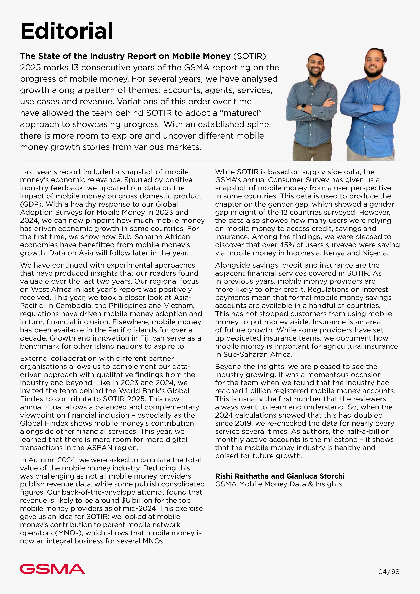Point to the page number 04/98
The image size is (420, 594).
click(x=389, y=571)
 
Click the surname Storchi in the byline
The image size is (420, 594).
click(x=332, y=476)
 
